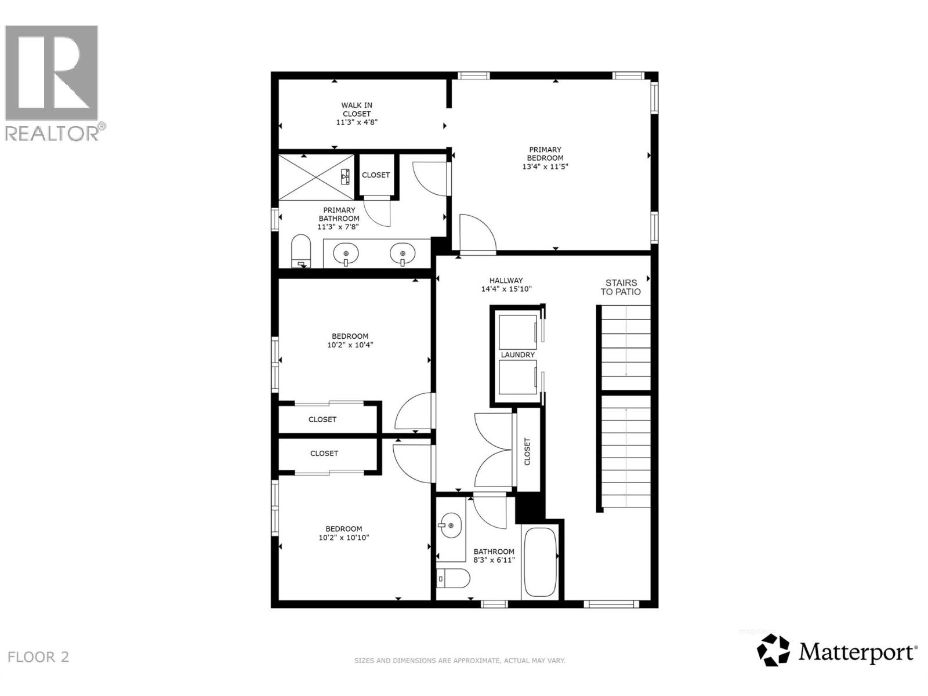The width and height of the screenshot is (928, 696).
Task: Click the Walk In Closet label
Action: (x=357, y=110)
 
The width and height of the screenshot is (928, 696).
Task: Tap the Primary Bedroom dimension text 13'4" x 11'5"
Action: (x=545, y=166)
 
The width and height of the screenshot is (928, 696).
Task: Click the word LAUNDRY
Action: (x=517, y=355)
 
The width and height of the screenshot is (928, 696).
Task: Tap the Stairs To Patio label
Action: (x=621, y=287)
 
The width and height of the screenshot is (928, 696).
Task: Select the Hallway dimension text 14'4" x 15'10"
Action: (x=506, y=289)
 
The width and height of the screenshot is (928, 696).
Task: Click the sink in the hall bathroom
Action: (x=449, y=525)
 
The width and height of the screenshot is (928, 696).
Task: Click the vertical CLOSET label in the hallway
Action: (x=527, y=451)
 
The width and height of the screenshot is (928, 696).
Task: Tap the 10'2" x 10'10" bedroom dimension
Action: (x=344, y=538)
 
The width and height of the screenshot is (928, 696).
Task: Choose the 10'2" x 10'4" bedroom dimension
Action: (x=350, y=345)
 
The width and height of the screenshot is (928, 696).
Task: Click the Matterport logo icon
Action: (x=774, y=650)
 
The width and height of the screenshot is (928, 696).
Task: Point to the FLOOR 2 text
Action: (x=38, y=657)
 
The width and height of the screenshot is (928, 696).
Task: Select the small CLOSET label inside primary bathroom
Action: (x=376, y=175)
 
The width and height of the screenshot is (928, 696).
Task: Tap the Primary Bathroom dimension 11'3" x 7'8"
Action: (x=339, y=227)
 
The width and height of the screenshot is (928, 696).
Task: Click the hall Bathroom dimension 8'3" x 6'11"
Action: (x=494, y=560)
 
